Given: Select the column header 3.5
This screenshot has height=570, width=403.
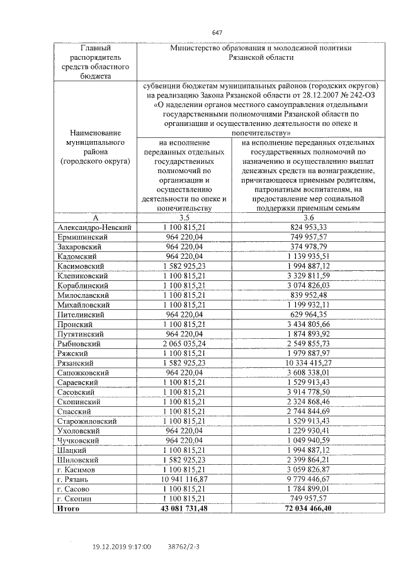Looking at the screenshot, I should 184,217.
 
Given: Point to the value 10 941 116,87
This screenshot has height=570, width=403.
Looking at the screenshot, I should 184,479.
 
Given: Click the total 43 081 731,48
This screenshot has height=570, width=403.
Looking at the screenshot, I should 184,508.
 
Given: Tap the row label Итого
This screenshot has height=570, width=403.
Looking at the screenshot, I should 68,508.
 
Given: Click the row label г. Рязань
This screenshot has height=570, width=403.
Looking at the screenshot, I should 74,479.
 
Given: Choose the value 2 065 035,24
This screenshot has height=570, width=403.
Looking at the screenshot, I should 184,344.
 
